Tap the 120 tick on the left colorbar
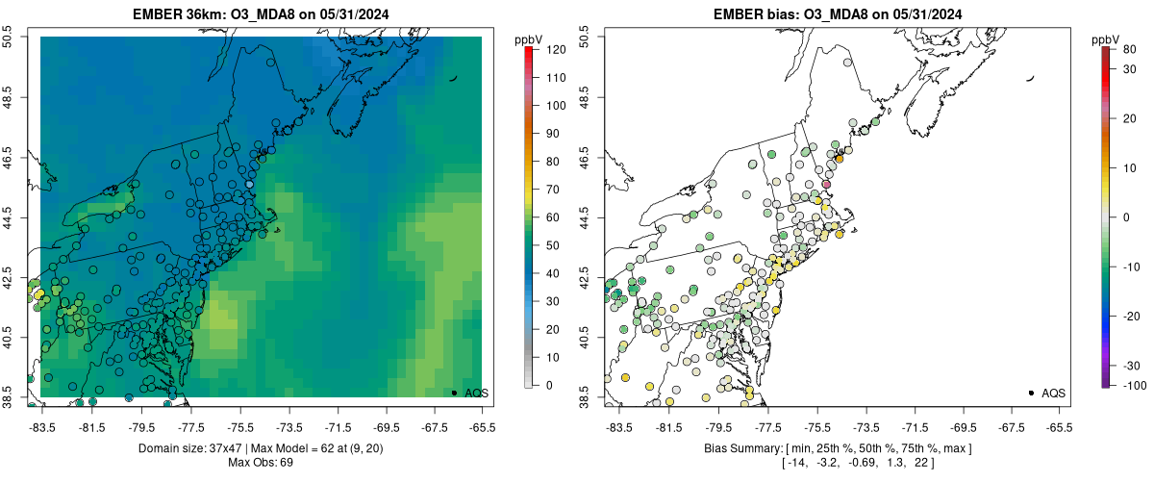pyautogui.click(x=553, y=48)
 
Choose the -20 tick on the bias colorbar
pyautogui.click(x=1131, y=316)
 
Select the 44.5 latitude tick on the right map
pyautogui.click(x=585, y=217)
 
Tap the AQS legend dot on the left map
pyautogui.click(x=454, y=393)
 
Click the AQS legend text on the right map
pyautogui.click(x=1053, y=393)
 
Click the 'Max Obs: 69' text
pyautogui.click(x=261, y=463)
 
